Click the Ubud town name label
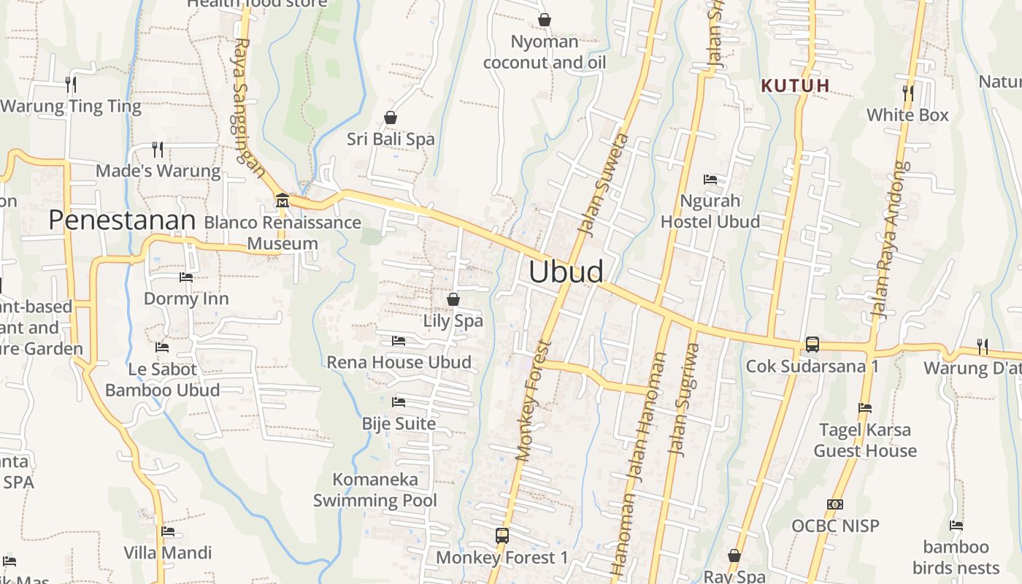[x=566, y=272]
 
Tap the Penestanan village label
[x=122, y=220]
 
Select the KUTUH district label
[x=795, y=85]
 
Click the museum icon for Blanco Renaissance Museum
[x=282, y=200]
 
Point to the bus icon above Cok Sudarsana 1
[x=812, y=345]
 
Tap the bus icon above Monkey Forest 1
[x=502, y=536]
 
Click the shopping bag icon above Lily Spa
[x=453, y=299]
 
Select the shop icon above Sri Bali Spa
[x=391, y=118]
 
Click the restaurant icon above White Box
[x=907, y=93]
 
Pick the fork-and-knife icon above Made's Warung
[x=158, y=150]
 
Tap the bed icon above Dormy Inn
[x=186, y=277]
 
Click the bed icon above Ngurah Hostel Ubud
[x=710, y=180]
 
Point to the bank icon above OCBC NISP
[x=835, y=504]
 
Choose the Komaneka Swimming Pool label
[x=375, y=490]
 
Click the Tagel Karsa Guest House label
[x=864, y=440]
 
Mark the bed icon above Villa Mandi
[x=168, y=531]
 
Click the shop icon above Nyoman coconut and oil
[x=544, y=20]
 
